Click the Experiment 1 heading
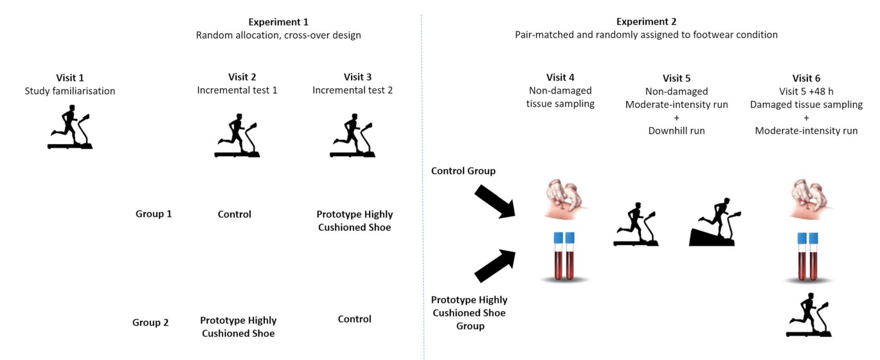[x=278, y=22]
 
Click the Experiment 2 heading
[x=646, y=22]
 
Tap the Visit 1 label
[x=69, y=77]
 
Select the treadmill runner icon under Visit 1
[x=69, y=128]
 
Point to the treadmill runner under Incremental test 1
[x=237, y=136]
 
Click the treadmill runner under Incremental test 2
[x=352, y=136]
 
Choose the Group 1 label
[x=154, y=214]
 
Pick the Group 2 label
[x=150, y=323]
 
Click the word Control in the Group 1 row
[x=234, y=214]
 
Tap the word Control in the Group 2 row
[x=354, y=319]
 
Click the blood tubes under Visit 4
[x=564, y=256]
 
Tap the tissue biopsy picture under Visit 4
[x=564, y=200]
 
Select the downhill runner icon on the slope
[x=714, y=222]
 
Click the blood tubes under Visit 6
[x=807, y=256]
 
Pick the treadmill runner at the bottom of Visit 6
[x=809, y=315]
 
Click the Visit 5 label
[x=676, y=78]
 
